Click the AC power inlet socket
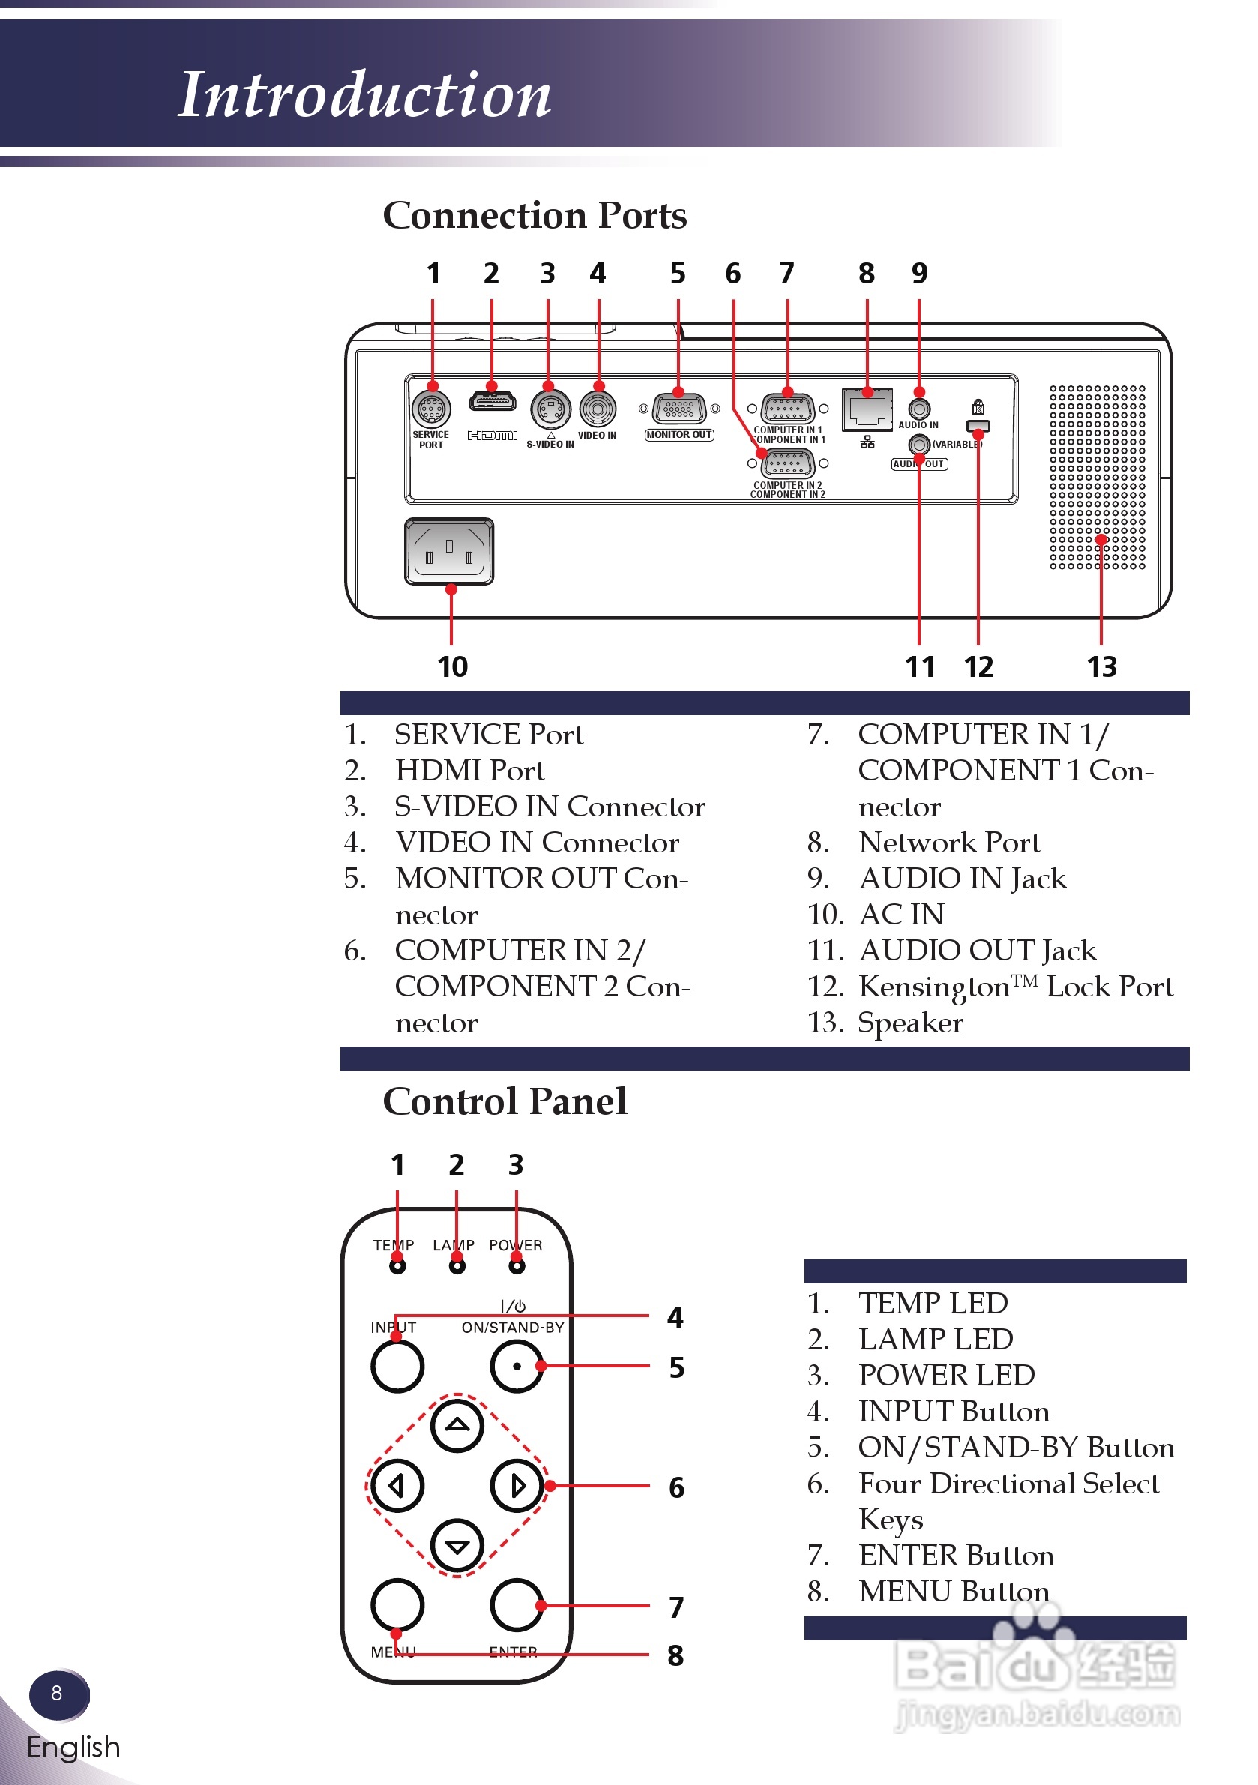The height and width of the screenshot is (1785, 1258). [448, 551]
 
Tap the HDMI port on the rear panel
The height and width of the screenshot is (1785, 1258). [492, 402]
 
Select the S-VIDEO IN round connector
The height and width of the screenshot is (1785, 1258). [550, 408]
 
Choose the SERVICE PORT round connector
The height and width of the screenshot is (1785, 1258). [432, 408]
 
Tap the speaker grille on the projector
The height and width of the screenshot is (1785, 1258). [1097, 477]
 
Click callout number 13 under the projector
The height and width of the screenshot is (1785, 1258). [1102, 666]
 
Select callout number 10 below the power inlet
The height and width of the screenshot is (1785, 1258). [453, 666]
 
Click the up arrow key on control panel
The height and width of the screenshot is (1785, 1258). [457, 1426]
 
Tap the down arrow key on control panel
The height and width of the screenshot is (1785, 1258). [457, 1546]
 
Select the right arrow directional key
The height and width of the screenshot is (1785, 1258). [517, 1486]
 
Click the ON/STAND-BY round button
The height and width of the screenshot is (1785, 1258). [517, 1366]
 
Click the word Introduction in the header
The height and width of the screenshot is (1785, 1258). [364, 95]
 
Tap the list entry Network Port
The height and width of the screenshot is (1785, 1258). [948, 842]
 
